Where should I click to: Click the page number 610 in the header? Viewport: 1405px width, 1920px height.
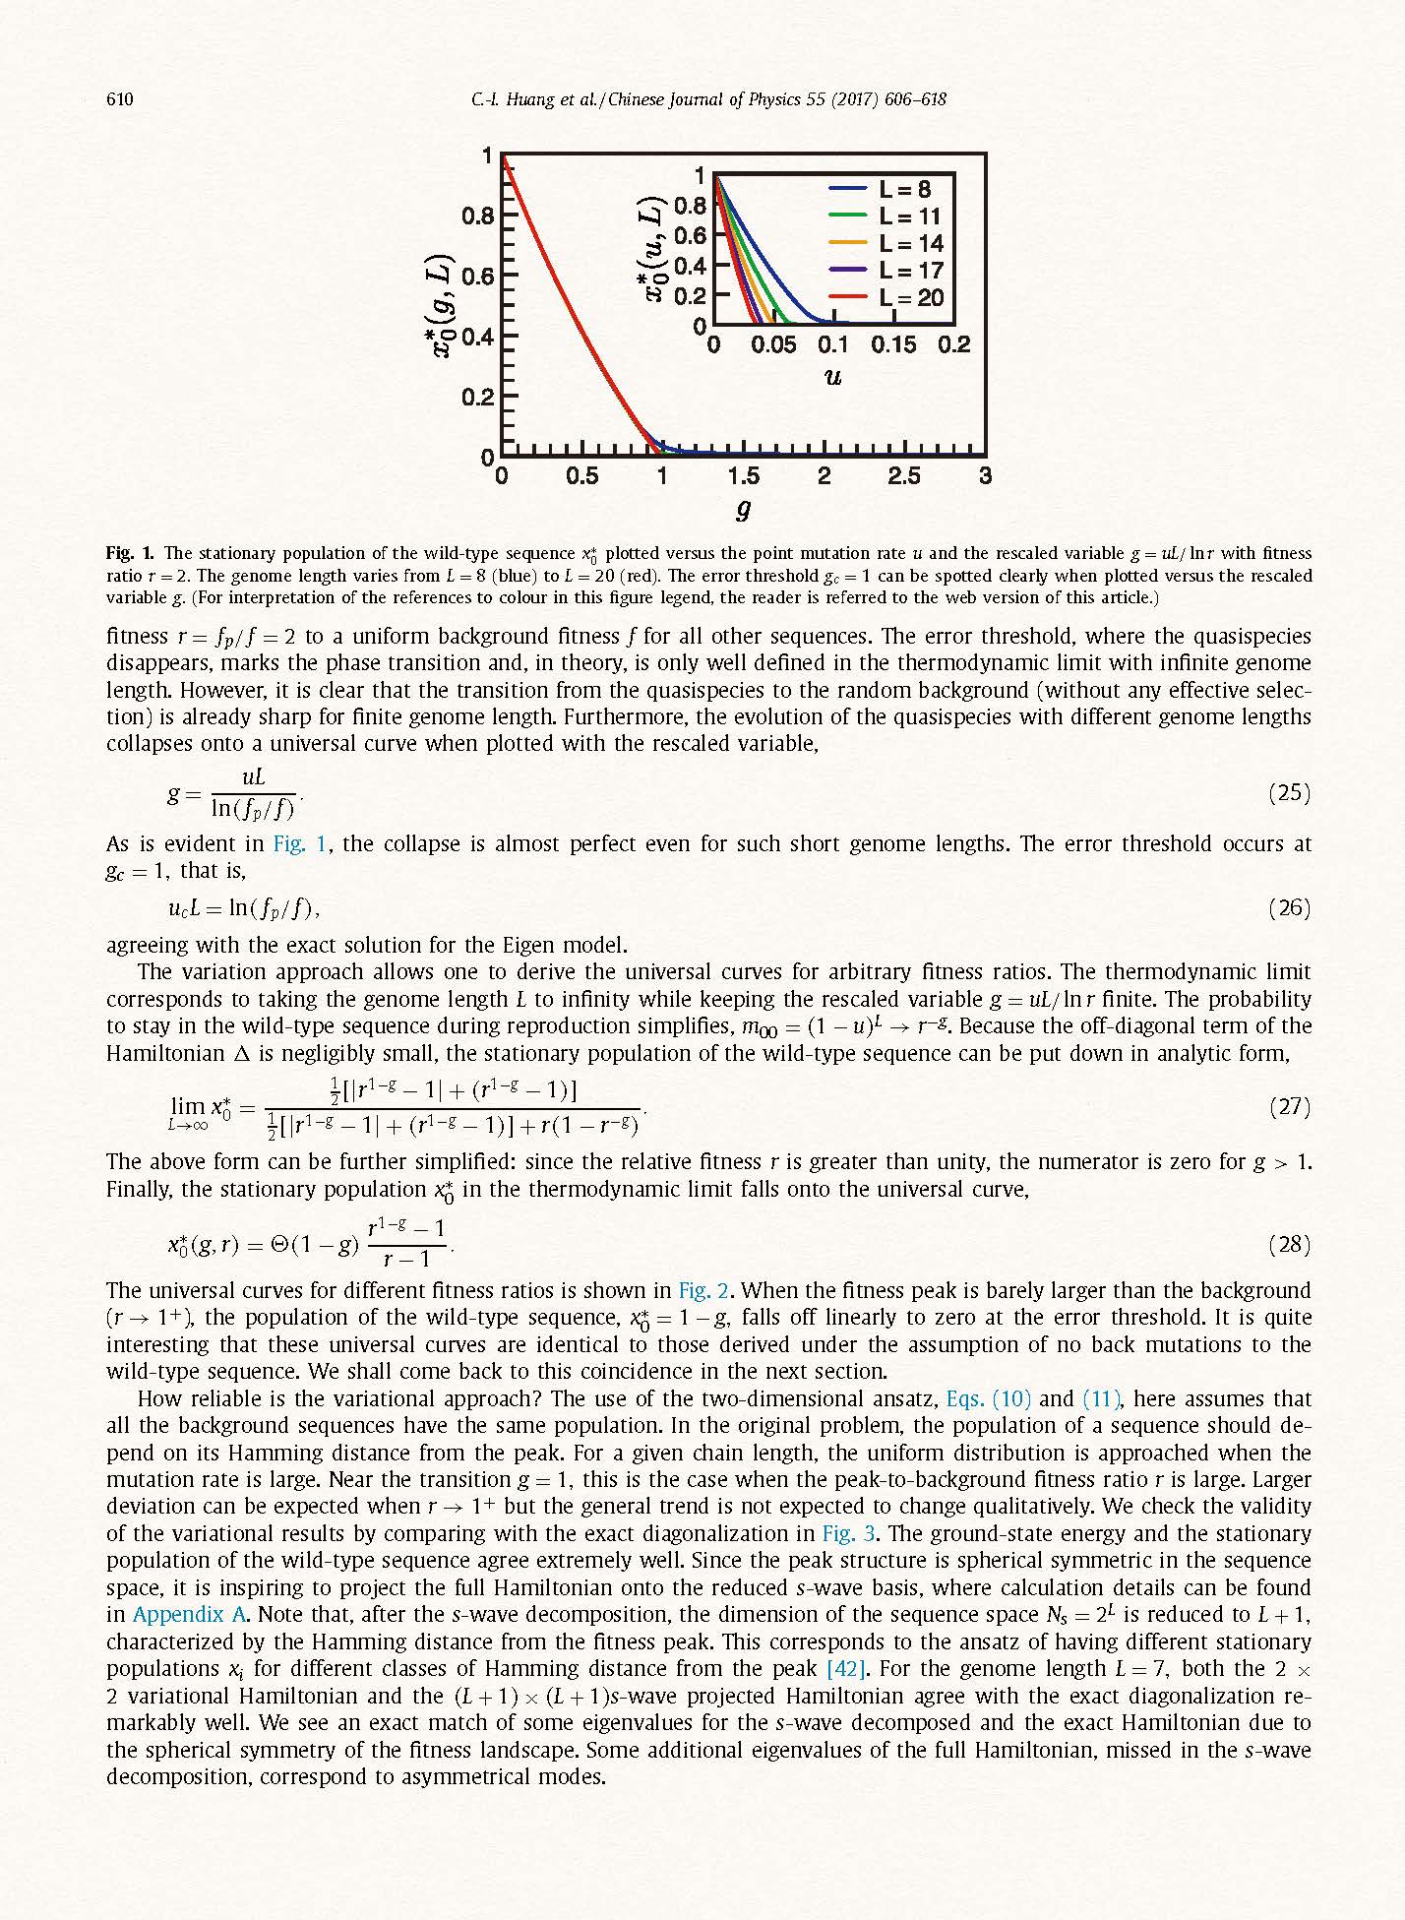tap(119, 99)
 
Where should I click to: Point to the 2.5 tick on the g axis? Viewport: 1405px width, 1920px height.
tap(904, 476)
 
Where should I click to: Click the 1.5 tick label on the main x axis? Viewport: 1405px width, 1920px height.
tap(743, 476)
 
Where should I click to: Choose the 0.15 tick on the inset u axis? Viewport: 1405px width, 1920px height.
tap(892, 345)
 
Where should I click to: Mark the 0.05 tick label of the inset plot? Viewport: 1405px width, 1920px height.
tap(773, 345)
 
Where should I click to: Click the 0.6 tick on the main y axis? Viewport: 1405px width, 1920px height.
tap(477, 276)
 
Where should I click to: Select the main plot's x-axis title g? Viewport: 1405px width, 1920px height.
tap(744, 510)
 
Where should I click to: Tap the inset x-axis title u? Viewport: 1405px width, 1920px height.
tap(832, 377)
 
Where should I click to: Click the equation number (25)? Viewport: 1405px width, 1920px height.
tap(1289, 792)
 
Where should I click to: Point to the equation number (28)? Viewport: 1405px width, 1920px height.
tap(1289, 1244)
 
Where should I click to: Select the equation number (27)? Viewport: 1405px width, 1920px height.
tap(1289, 1106)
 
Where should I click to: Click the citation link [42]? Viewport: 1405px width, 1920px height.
tap(845, 1668)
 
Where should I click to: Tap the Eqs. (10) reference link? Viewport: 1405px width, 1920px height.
tap(987, 1398)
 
